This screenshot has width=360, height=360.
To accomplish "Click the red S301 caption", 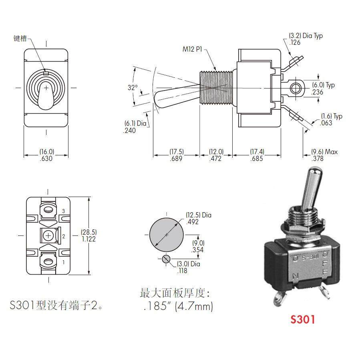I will point(303,319).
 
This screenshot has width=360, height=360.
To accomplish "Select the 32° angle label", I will point(133,88).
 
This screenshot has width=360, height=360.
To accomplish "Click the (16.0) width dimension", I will point(46,152).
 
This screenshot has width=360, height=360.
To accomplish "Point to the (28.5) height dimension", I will point(88,232).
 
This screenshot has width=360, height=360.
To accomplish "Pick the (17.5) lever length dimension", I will point(176,152).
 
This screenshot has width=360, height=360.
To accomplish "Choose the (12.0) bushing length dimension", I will point(216,152).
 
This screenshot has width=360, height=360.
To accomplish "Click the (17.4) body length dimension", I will point(257,152).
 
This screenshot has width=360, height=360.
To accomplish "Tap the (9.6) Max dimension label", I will point(324,152).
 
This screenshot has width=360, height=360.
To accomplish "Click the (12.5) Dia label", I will point(198,215).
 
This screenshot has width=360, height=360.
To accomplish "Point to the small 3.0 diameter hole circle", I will point(166,258).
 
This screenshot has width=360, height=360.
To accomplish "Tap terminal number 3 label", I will point(63,211).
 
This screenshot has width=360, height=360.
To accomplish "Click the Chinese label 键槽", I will point(20,38).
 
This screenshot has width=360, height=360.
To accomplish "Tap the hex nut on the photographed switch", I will point(301,231).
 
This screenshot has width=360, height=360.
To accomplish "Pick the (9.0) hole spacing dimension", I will point(198,243).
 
